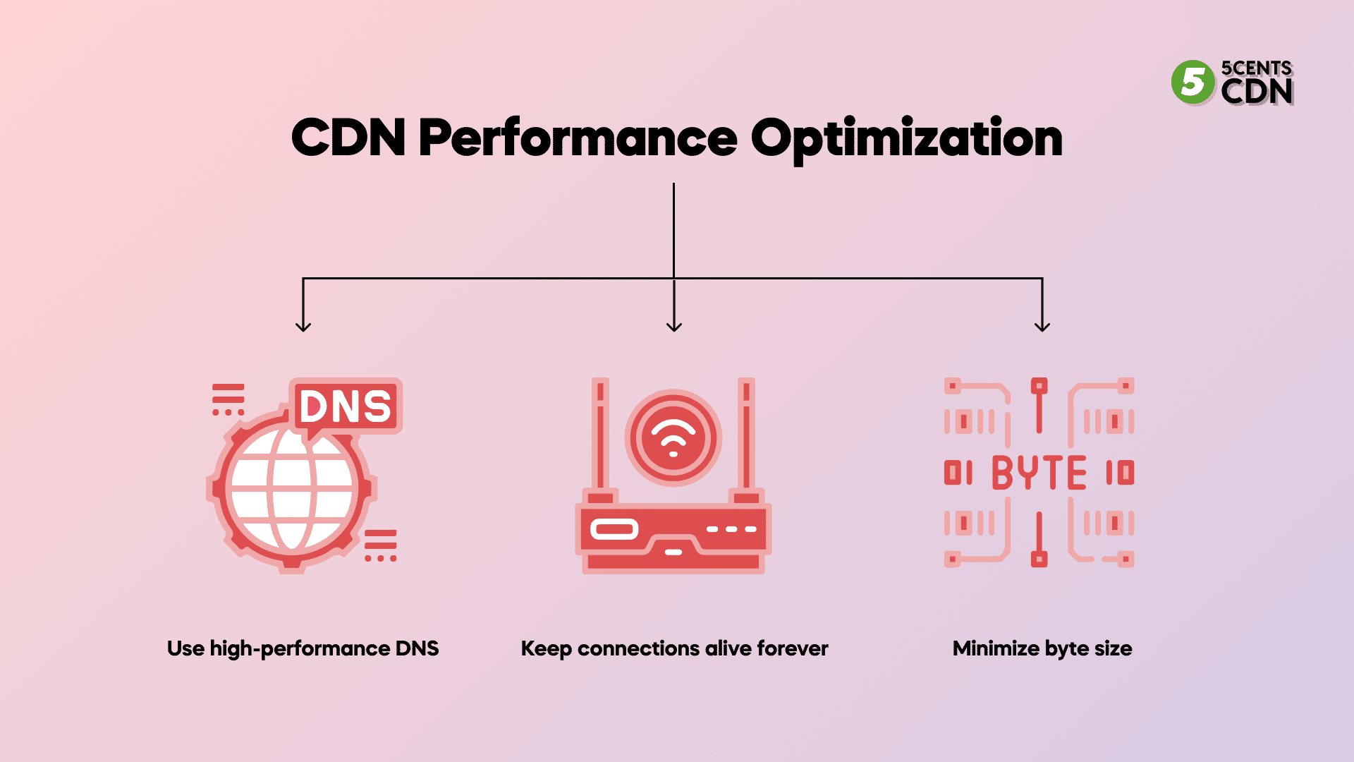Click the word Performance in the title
click(578, 138)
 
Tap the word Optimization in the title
click(906, 138)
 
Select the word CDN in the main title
click(348, 138)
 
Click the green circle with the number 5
click(1193, 83)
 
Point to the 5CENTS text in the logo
click(1256, 68)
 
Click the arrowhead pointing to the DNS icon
click(303, 325)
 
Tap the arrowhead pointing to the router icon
click(674, 325)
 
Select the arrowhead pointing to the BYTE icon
click(1042, 325)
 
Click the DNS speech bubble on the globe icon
click(346, 406)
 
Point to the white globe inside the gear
click(291, 488)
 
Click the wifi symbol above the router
click(673, 438)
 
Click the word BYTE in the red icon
click(1039, 473)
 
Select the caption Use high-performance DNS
click(303, 648)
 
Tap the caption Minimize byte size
click(1042, 648)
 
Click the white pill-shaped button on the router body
click(614, 529)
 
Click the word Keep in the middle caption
click(546, 648)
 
